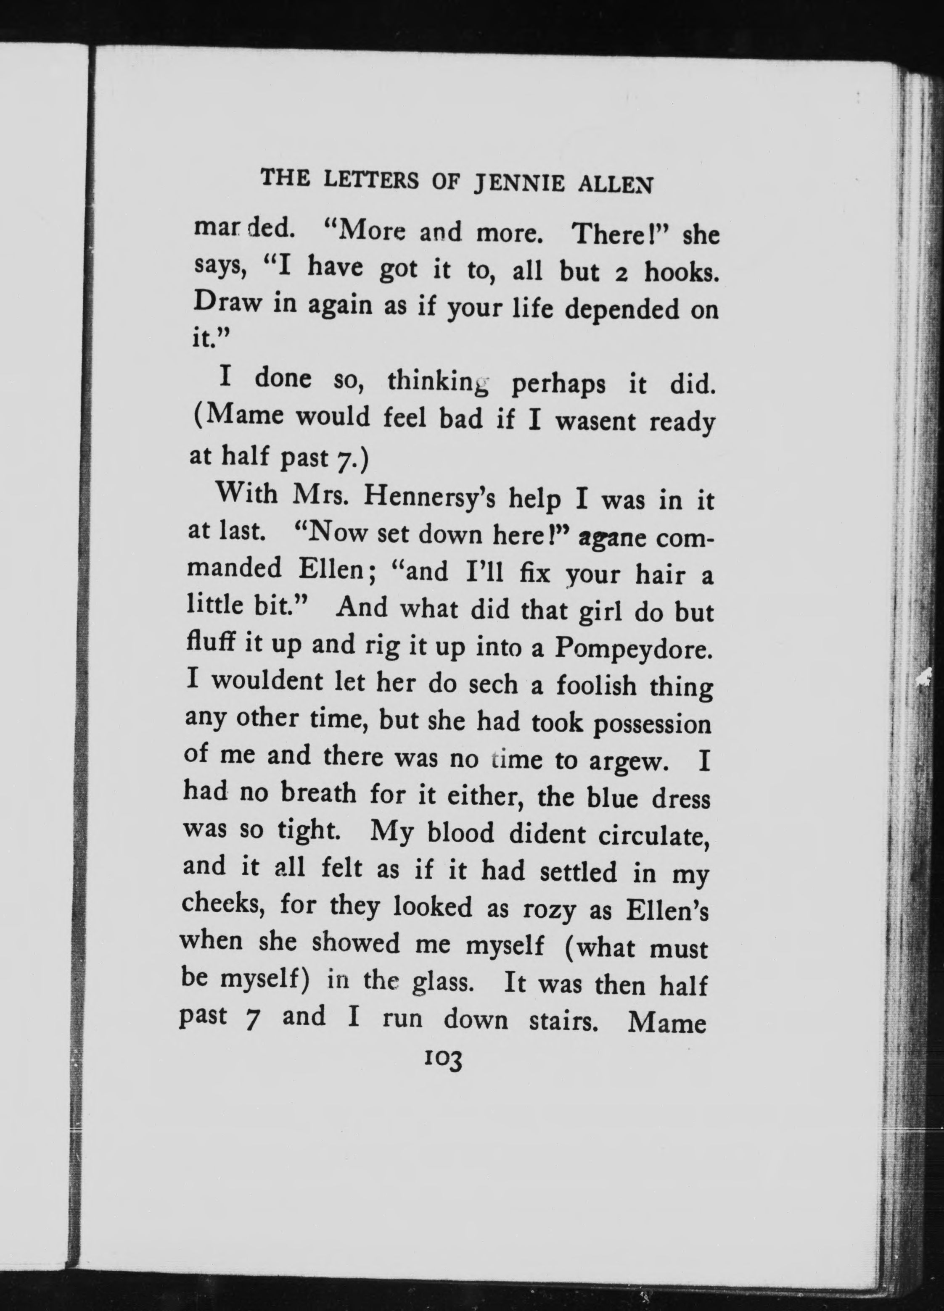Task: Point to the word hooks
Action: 682,272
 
